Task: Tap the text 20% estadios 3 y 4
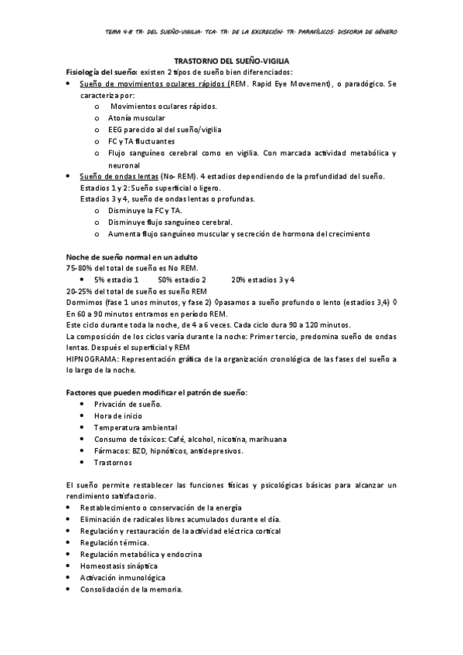(263, 279)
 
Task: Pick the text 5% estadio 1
(117, 279)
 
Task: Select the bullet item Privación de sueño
(128, 404)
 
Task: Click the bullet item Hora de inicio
(118, 416)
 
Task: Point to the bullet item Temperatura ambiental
(135, 427)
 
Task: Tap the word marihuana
(264, 439)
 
